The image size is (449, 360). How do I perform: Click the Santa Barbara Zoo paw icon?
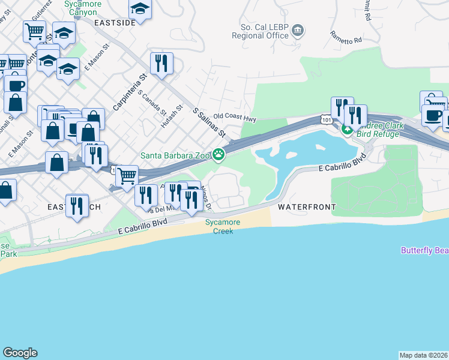coord(220,155)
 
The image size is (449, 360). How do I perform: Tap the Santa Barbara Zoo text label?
coord(175,155)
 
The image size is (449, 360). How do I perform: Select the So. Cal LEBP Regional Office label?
coord(265,31)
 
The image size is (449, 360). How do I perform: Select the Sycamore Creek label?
coord(223,226)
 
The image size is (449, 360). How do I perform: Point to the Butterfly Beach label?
coord(425,250)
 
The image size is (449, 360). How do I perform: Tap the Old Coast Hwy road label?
coord(235,118)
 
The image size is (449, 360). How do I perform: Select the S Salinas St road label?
coord(208,122)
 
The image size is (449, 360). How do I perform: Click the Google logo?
coord(20,353)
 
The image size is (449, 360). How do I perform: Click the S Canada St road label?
coord(152,101)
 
